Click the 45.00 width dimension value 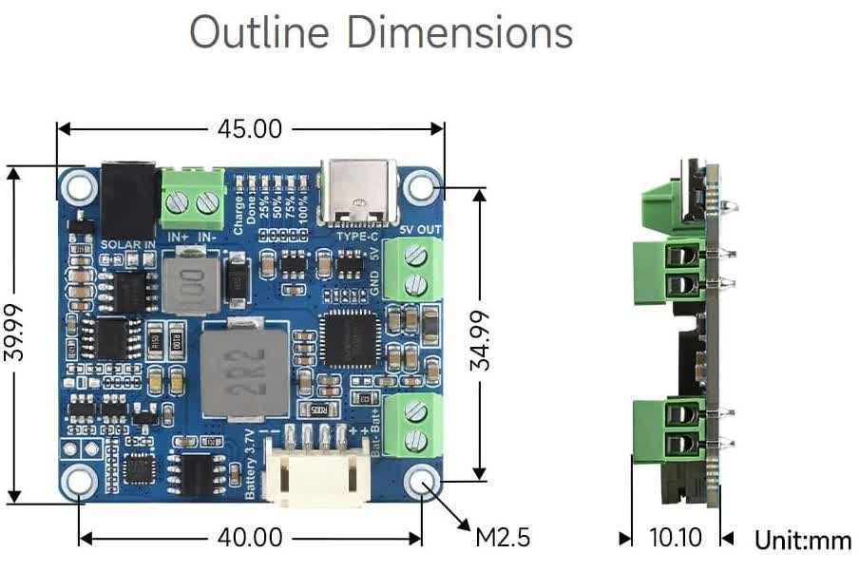(250, 128)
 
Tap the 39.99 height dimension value (13, 334)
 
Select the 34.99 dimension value (481, 339)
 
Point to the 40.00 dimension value (250, 538)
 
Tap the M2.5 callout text (502, 538)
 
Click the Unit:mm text (803, 541)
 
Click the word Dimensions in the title (459, 31)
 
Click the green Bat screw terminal (415, 425)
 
